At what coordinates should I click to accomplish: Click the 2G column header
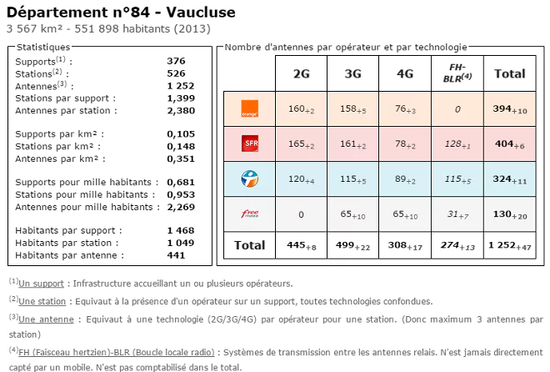(x=302, y=73)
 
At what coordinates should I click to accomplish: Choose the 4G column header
(x=405, y=73)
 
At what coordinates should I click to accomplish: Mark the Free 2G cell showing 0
(x=302, y=214)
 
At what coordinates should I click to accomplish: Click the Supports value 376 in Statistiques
(x=176, y=61)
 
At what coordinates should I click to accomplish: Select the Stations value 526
(x=176, y=73)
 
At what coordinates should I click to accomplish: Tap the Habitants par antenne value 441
(x=176, y=255)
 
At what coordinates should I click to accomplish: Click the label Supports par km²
(x=66, y=133)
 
